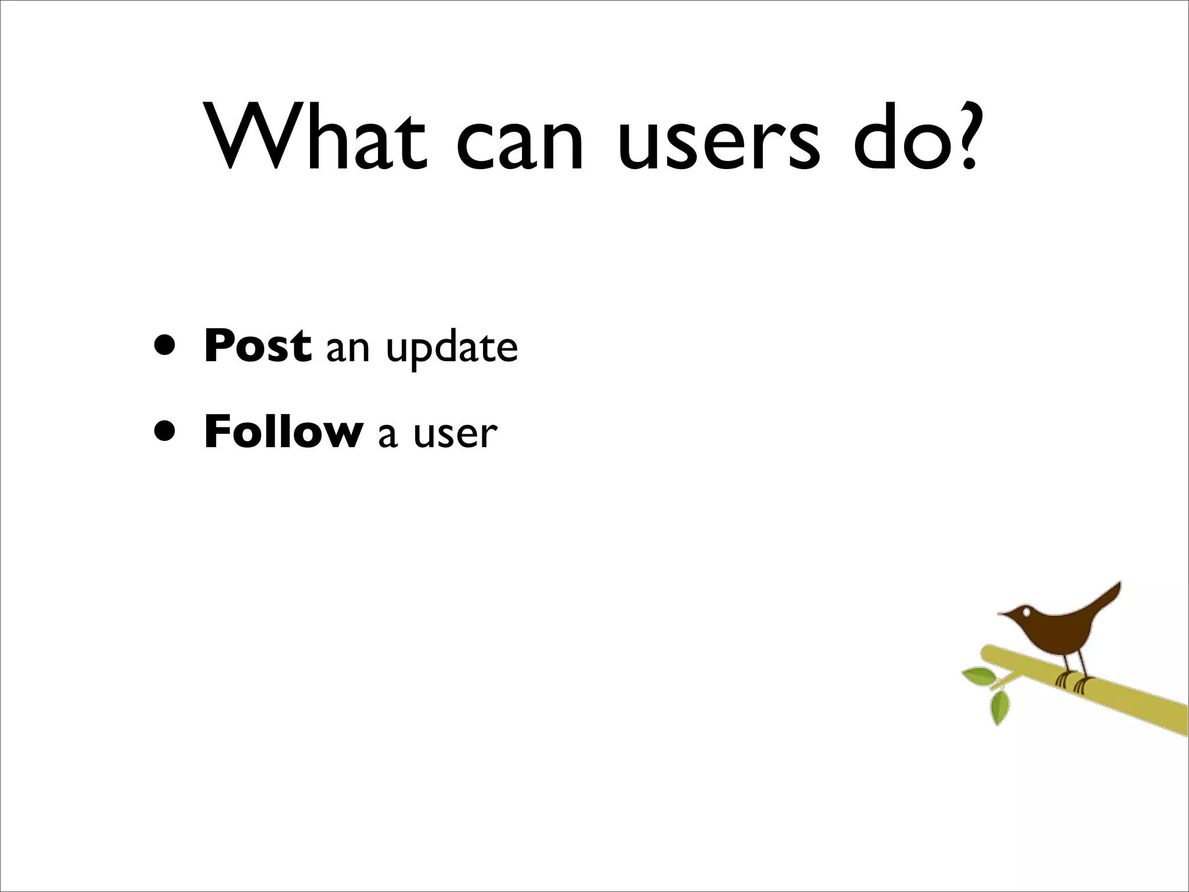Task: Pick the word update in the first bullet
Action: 452,349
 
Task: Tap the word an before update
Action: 348,349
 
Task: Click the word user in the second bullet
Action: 455,435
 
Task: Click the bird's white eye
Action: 1027,611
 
